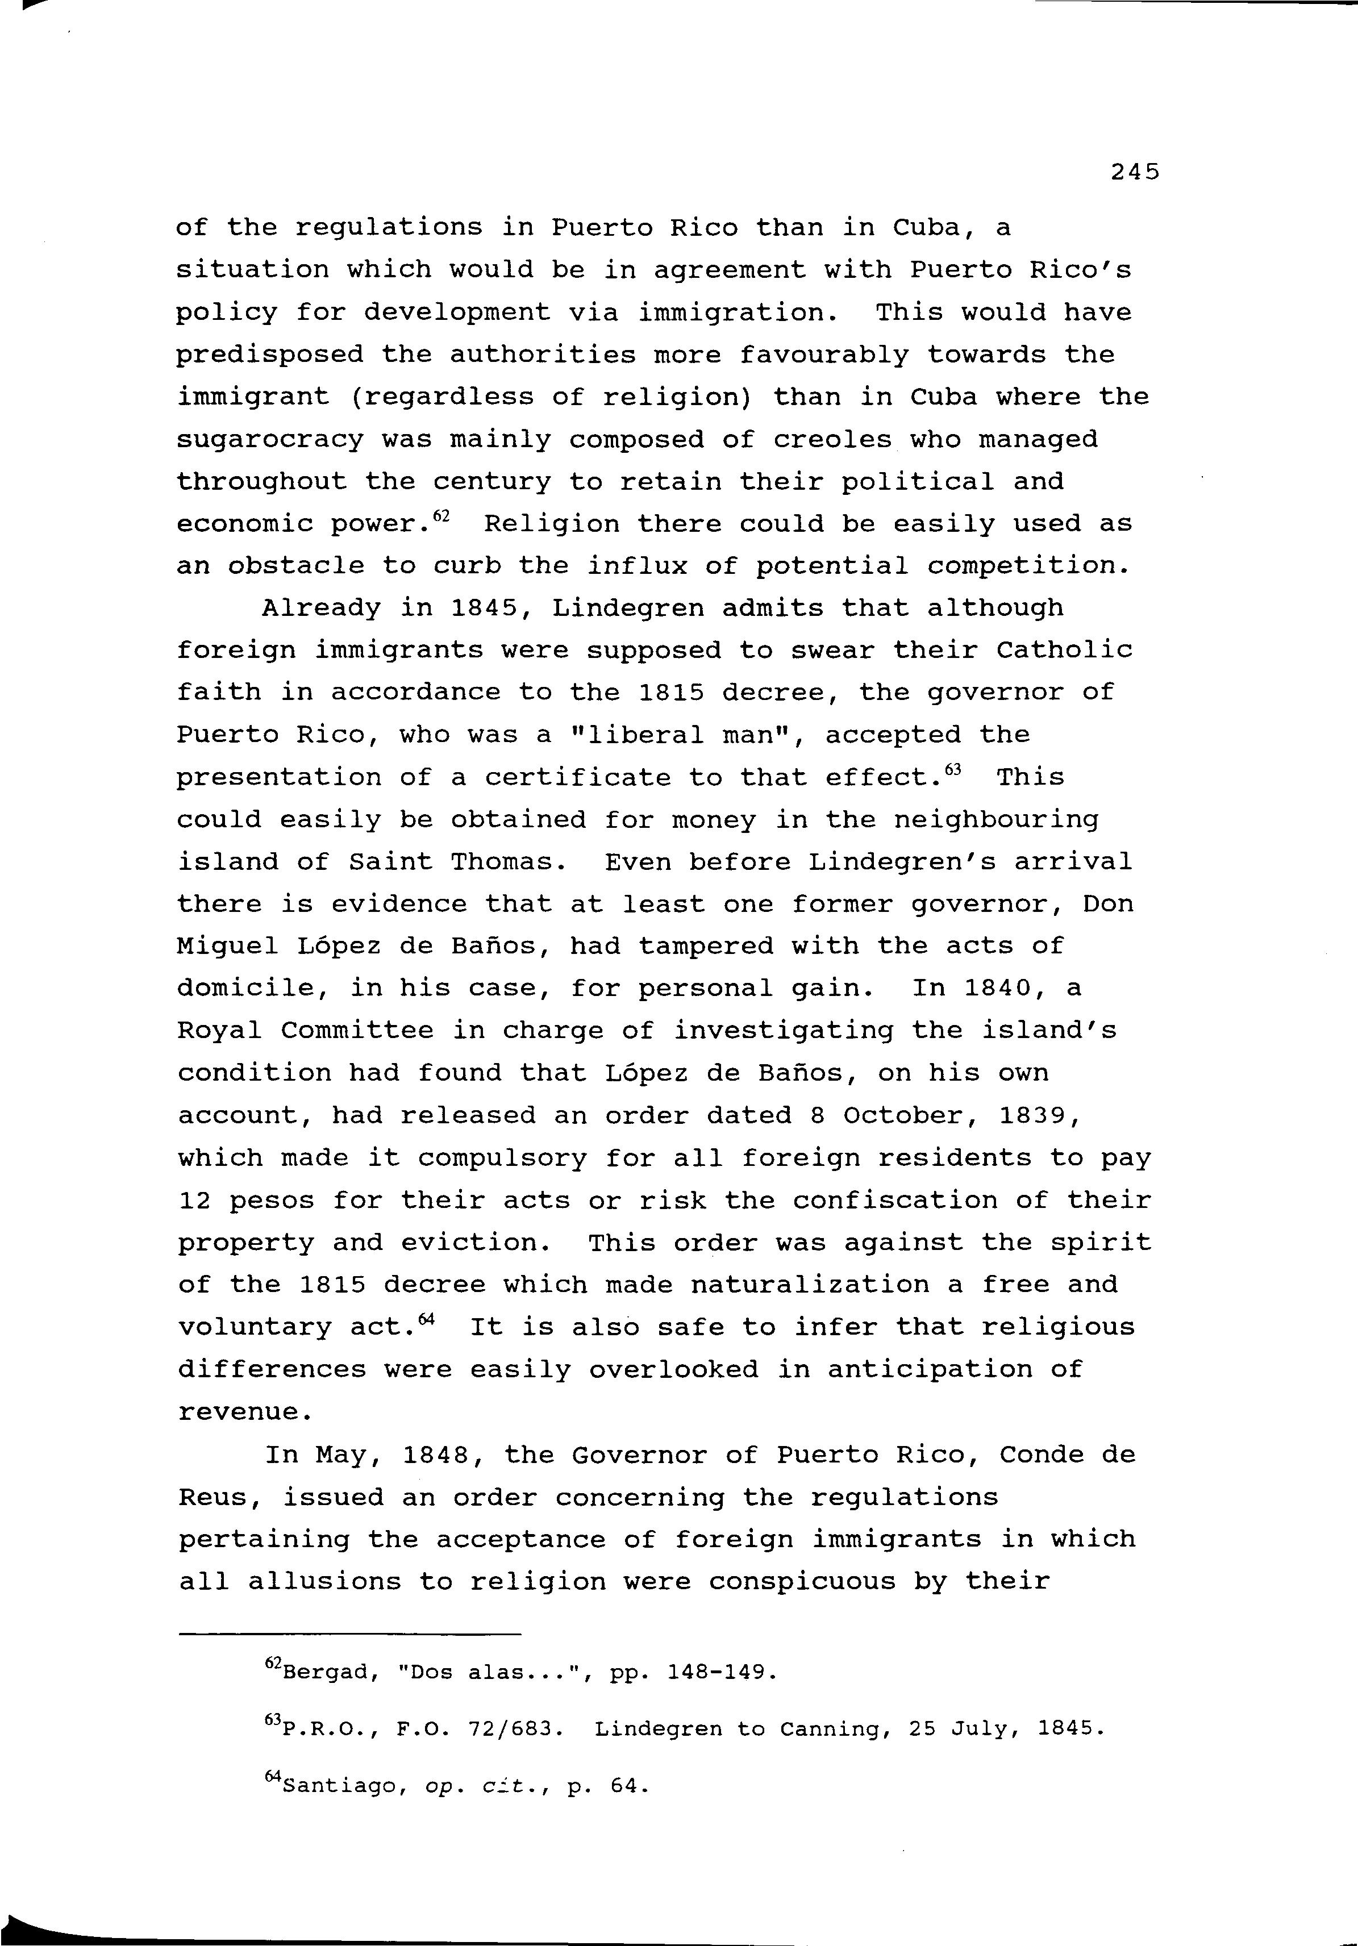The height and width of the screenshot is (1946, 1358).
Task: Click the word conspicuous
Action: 801,1582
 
